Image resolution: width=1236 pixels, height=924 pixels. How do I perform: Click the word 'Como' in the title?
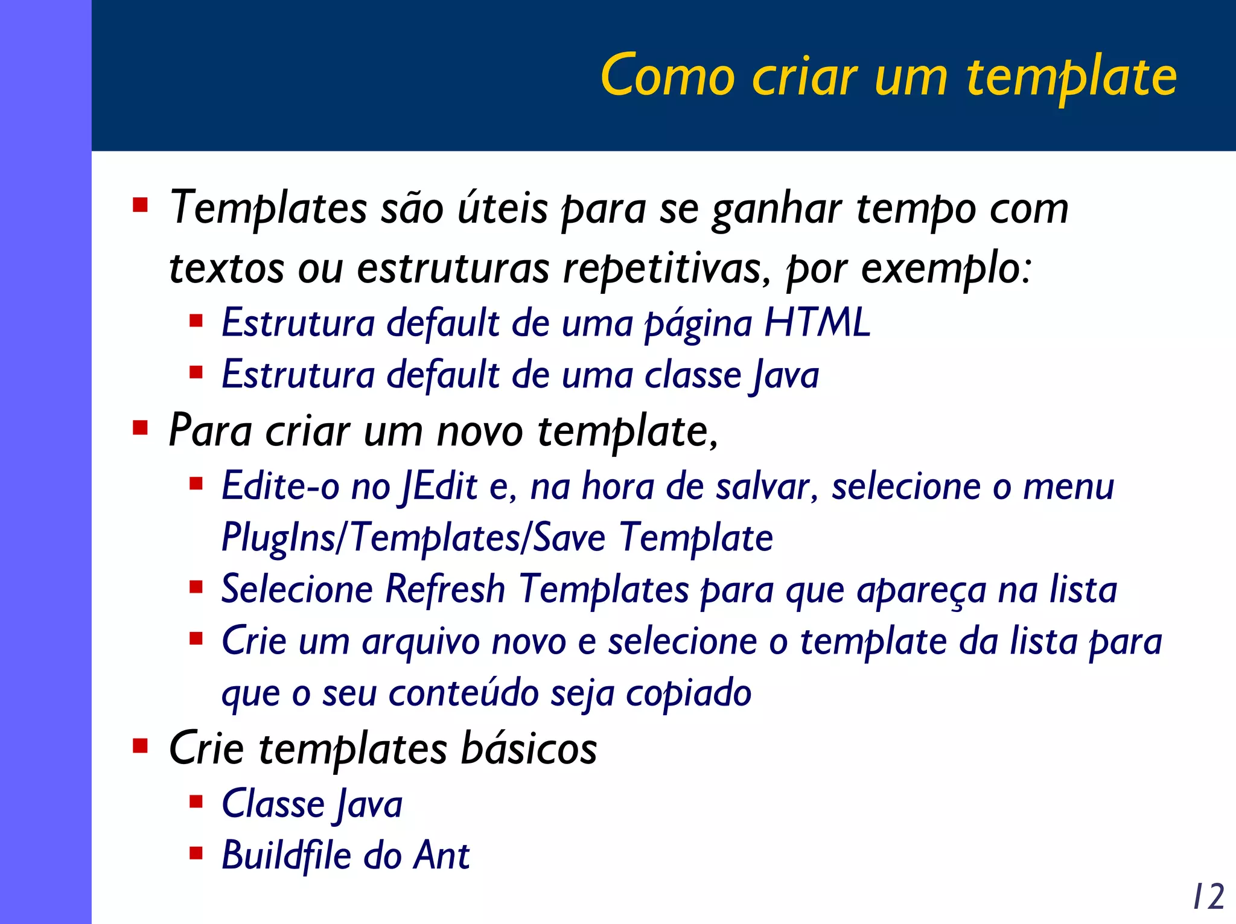click(x=667, y=77)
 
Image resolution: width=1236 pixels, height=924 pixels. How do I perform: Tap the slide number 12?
click(x=1208, y=896)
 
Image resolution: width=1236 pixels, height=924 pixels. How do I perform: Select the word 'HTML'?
click(x=817, y=322)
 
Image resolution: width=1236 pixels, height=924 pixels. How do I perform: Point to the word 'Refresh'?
click(x=445, y=589)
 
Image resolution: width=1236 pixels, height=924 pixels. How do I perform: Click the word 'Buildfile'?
click(x=286, y=855)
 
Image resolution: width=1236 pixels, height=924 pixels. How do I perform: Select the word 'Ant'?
click(x=441, y=855)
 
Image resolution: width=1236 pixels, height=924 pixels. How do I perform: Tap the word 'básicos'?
click(x=529, y=748)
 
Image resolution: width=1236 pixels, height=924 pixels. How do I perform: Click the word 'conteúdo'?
click(x=463, y=693)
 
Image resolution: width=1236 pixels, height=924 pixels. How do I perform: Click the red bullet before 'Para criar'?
click(x=140, y=429)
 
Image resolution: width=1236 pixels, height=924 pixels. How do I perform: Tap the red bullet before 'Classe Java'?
click(x=196, y=801)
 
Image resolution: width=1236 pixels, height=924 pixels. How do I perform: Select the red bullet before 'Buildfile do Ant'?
click(x=196, y=853)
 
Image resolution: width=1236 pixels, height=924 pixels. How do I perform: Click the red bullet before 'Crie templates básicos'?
click(x=140, y=747)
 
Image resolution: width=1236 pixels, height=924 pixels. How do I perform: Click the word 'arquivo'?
click(x=421, y=642)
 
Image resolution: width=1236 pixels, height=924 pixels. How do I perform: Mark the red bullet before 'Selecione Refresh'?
click(x=196, y=587)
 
